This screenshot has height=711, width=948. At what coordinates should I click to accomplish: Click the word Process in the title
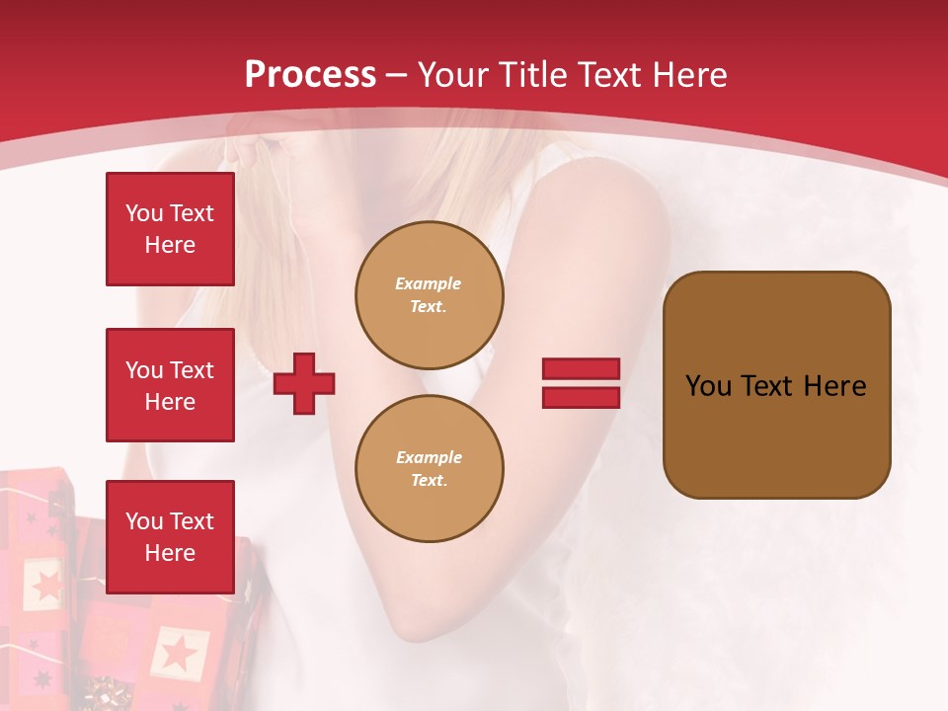tap(310, 74)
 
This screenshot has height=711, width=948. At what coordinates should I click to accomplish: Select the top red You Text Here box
tap(170, 229)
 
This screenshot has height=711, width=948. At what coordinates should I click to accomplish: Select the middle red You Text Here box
tap(170, 385)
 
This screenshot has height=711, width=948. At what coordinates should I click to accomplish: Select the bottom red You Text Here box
tap(170, 536)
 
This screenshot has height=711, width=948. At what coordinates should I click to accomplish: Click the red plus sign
tap(304, 383)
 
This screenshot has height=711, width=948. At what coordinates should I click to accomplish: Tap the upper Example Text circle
tap(429, 294)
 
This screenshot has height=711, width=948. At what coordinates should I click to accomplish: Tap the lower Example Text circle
tap(429, 468)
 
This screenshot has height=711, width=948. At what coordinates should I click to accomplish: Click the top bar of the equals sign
tap(581, 369)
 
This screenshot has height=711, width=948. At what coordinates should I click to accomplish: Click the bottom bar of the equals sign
tap(581, 397)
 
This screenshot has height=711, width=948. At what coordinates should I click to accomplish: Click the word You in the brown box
tap(708, 385)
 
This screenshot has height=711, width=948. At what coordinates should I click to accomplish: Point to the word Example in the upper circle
tap(428, 283)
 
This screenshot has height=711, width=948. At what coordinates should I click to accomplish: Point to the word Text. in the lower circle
tap(428, 480)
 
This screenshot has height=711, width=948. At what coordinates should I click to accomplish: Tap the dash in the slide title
tap(397, 75)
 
